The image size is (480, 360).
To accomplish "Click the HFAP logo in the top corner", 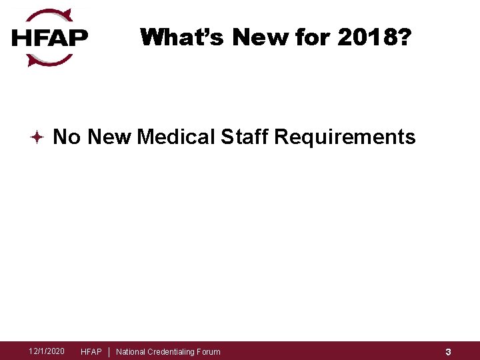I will [50, 37].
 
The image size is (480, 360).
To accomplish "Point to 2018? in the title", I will [373, 37].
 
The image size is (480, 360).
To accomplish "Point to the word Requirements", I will [345, 137].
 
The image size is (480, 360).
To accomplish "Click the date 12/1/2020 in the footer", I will [47, 351].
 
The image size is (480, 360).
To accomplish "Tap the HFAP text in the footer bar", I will [91, 352].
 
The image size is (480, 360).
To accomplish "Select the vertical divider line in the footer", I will [109, 351].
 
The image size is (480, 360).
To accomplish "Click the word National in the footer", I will [131, 352].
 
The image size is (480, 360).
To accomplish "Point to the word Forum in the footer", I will [209, 352].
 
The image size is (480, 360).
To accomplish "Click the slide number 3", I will [449, 352].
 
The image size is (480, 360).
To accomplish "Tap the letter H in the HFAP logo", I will [21, 38].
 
